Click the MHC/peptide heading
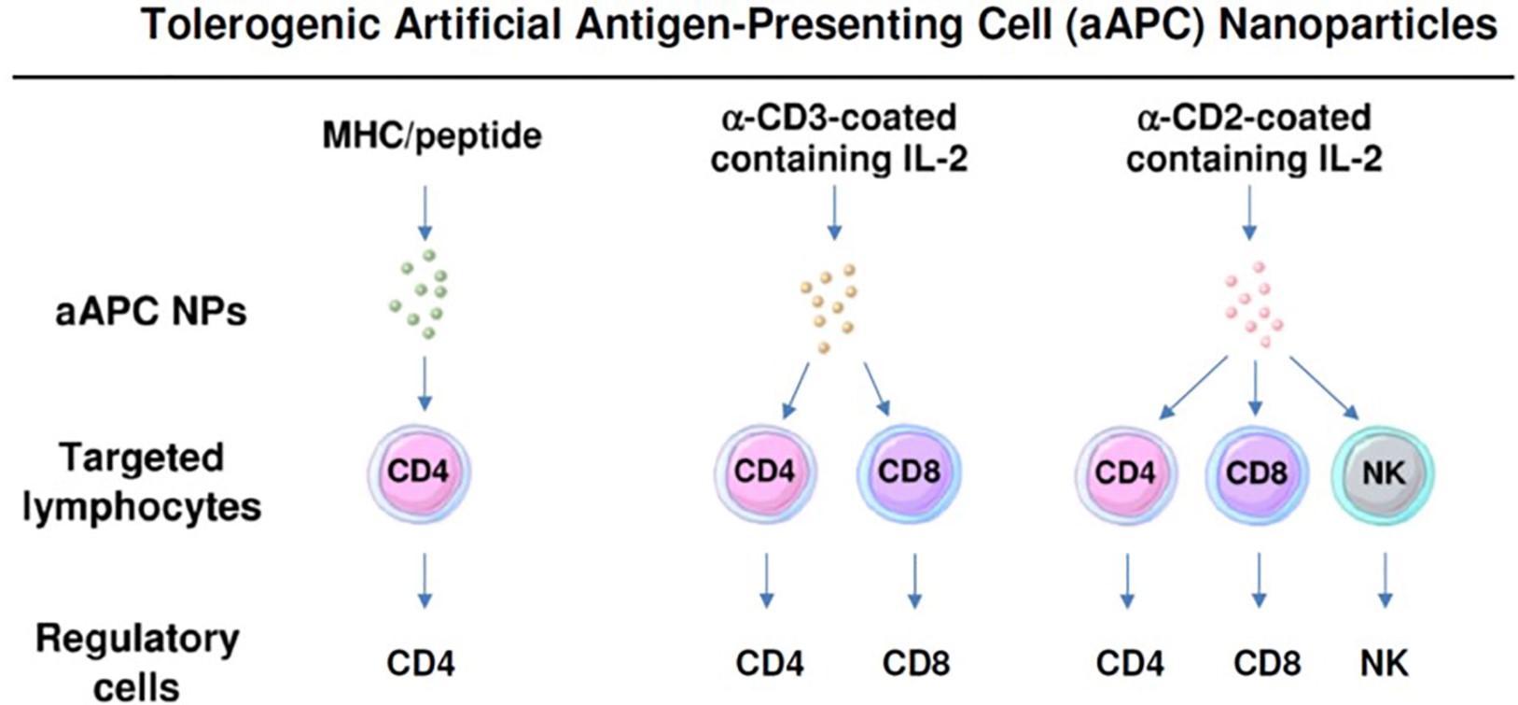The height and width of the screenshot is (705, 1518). (x=431, y=136)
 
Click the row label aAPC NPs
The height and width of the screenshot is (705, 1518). (x=151, y=311)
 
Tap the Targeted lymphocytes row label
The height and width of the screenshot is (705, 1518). (x=142, y=482)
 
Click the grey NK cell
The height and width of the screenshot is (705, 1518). (x=1383, y=473)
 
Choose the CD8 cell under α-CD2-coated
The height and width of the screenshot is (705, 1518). (x=1256, y=473)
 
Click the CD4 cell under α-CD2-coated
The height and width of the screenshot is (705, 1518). (x=1125, y=473)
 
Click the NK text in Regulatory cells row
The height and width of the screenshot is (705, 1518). (x=1384, y=664)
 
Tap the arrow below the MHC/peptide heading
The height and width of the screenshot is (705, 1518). (x=425, y=212)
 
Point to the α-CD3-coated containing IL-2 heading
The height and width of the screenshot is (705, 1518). (x=839, y=138)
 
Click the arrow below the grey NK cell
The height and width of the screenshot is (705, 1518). (x=1385, y=580)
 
